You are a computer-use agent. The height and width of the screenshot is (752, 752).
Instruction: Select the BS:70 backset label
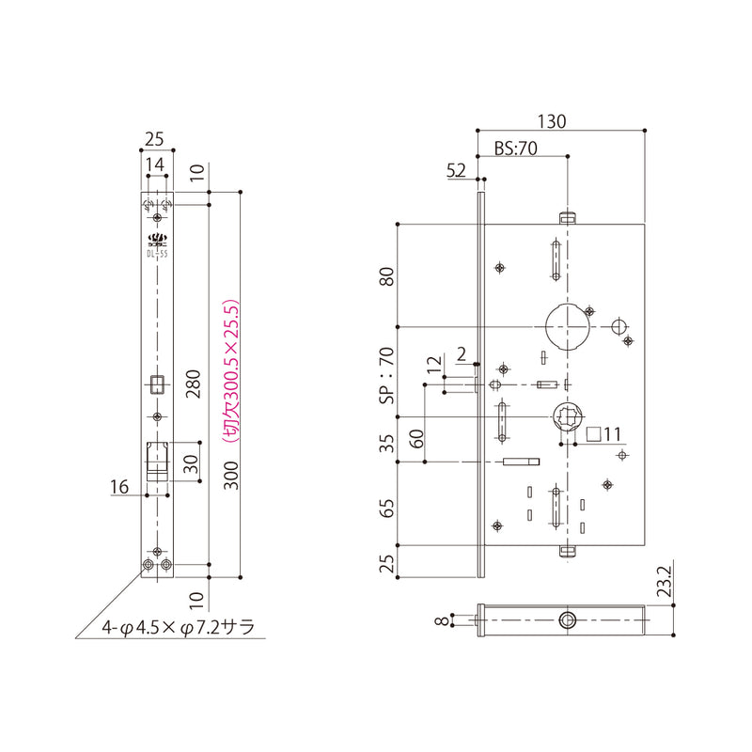point(515,148)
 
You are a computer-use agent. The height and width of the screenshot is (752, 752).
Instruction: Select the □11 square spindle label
point(603,434)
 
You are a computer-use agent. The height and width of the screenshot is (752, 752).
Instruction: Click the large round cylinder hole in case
point(568,325)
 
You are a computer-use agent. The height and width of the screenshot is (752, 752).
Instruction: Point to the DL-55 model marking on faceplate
point(157,252)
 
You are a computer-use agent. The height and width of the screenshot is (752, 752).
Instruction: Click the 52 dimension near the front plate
point(456,170)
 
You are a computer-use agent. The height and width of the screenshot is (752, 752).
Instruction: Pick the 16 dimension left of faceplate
point(118,486)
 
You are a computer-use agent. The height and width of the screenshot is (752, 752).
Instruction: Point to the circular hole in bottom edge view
point(568,619)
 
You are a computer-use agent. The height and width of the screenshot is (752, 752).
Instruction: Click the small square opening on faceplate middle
point(157,384)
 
